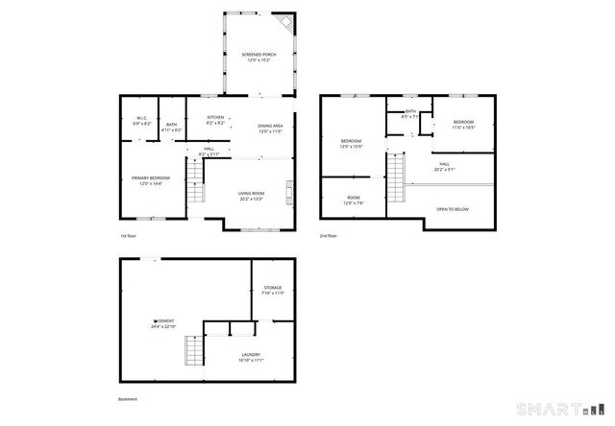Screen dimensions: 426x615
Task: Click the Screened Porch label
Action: [258, 58]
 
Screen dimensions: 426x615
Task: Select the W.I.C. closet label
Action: [139, 121]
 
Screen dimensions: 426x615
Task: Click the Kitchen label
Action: [216, 121]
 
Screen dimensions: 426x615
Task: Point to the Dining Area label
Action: [270, 129]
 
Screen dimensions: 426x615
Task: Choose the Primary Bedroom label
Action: [153, 180]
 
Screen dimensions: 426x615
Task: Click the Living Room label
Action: [252, 197]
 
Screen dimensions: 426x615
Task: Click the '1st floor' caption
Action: [128, 235]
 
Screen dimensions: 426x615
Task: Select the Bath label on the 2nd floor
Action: [410, 114]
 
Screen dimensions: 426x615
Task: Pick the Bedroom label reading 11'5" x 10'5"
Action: [463, 125]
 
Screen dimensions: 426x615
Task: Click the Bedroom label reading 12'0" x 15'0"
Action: [351, 144]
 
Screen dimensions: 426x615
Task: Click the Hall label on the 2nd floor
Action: [445, 166]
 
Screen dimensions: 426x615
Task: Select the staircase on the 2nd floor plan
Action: [395, 178]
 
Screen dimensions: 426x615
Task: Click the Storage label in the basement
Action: [273, 290]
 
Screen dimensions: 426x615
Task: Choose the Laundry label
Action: [251, 357]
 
